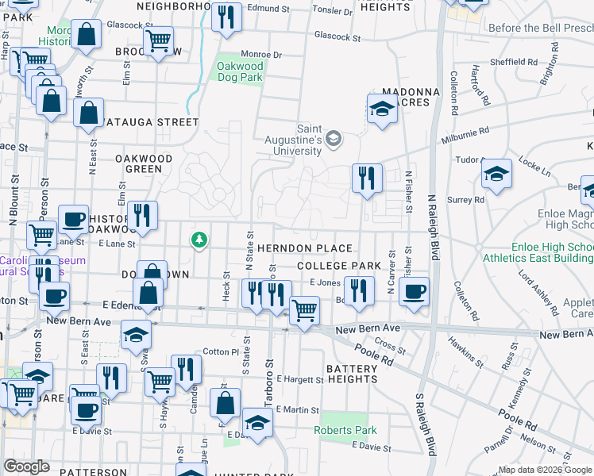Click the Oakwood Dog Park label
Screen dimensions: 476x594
click(241, 72)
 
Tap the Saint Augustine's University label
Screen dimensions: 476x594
click(309, 140)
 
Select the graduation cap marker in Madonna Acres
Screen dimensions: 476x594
click(382, 110)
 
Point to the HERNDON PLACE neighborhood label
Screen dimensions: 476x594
click(303, 248)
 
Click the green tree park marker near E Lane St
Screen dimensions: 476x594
click(199, 239)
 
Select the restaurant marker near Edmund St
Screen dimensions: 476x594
click(226, 17)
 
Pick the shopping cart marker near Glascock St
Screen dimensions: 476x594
click(159, 40)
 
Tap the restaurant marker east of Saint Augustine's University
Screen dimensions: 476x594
click(367, 178)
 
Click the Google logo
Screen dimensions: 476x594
click(27, 466)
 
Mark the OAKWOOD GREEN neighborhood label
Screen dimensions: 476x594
click(144, 163)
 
